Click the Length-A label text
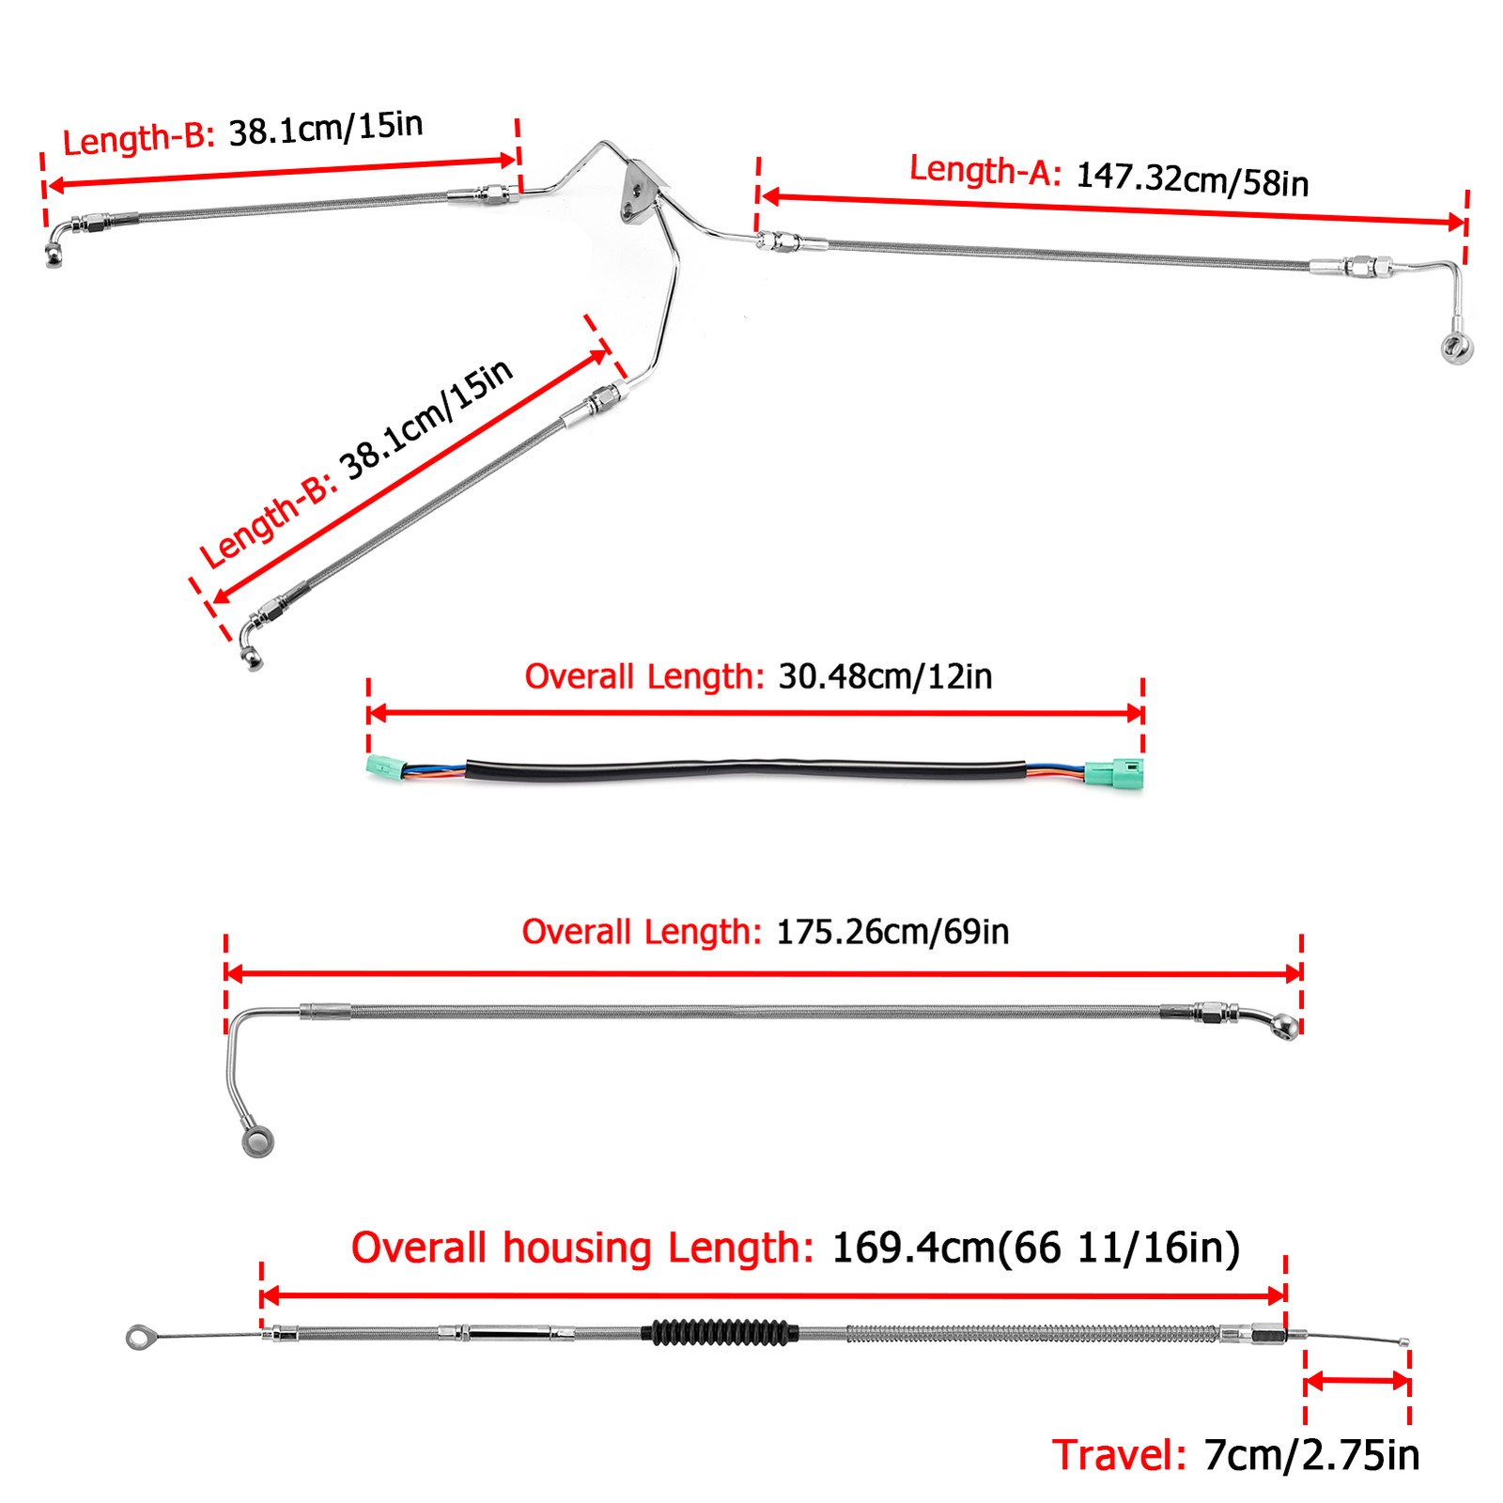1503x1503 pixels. (984, 171)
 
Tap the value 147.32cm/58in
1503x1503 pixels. (1192, 179)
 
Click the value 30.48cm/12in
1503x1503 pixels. (885, 676)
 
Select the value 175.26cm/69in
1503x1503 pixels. (892, 932)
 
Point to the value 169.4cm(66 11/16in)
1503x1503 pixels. (1036, 1248)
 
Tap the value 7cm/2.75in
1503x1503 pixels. (1311, 1455)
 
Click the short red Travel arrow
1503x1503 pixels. (1357, 1381)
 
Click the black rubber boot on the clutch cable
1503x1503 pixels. (721, 1331)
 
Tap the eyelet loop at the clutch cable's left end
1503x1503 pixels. (141, 1337)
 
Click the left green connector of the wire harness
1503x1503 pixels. (385, 767)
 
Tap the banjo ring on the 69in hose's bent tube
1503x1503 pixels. (257, 1140)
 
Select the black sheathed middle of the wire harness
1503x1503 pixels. (745, 770)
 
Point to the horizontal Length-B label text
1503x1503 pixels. (139, 138)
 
